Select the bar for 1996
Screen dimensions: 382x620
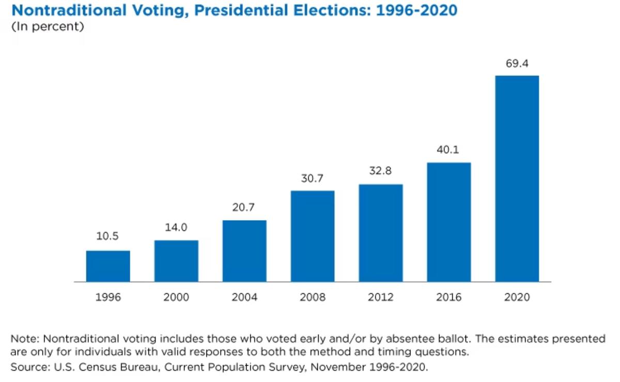(108, 266)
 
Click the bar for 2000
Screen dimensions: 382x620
(176, 261)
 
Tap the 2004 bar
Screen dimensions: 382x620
(244, 251)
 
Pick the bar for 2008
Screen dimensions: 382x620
(313, 236)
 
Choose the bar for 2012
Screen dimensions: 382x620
(381, 233)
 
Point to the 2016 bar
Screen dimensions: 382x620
(449, 222)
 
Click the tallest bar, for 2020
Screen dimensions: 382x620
(517, 179)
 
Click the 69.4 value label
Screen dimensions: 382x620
(517, 65)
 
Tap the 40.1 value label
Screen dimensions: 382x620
(449, 150)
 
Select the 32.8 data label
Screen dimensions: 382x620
(381, 171)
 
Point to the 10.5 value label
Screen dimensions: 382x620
(108, 236)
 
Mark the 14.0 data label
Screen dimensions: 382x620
(176, 227)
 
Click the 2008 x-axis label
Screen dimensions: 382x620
(313, 298)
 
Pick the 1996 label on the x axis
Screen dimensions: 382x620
(108, 298)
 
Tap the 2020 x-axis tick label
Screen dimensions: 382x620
(517, 298)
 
